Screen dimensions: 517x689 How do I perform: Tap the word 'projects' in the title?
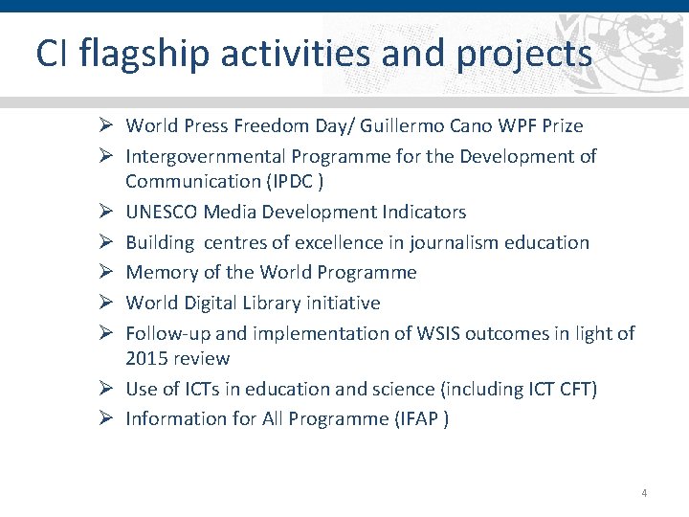coord(524,54)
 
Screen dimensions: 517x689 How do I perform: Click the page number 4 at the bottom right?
coord(644,493)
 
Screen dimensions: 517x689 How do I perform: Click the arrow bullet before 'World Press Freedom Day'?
coord(108,125)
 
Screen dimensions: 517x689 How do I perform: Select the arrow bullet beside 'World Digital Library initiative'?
coord(108,303)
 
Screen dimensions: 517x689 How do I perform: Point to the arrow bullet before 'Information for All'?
coord(108,419)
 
